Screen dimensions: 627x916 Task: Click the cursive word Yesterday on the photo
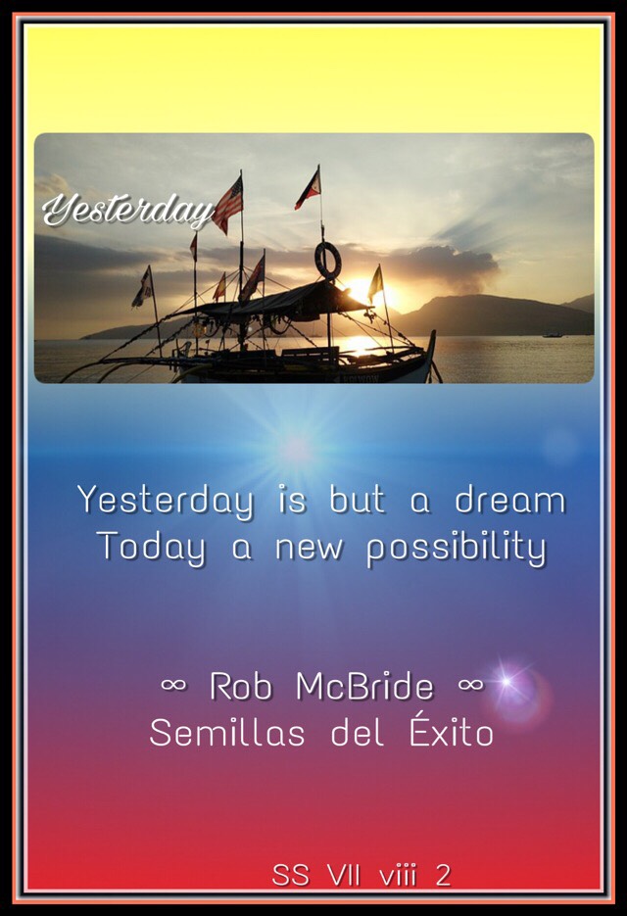[128, 210]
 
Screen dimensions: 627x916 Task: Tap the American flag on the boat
[228, 205]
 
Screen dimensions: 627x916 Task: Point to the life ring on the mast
[327, 261]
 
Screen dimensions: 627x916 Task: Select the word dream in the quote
[510, 501]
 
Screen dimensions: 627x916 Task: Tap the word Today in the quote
[152, 549]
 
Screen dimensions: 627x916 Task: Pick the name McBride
[364, 686]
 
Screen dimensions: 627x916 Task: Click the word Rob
[241, 686]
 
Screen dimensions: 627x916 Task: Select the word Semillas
[227, 733]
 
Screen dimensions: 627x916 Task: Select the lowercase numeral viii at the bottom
[398, 876]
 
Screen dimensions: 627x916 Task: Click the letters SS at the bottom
[290, 876]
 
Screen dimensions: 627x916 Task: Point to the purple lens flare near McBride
[509, 684]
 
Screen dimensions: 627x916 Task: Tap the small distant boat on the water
[553, 335]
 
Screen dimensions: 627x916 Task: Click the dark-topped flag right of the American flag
[308, 189]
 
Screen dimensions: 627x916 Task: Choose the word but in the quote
[358, 500]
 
